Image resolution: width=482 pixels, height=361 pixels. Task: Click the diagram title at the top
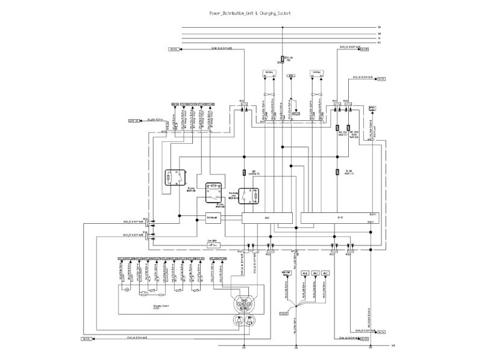click(x=240, y=13)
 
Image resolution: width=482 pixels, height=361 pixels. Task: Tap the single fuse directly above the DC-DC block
click(x=339, y=172)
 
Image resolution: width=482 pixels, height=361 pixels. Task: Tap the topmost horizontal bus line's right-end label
click(x=379, y=28)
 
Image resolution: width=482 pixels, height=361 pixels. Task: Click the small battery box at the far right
click(x=372, y=108)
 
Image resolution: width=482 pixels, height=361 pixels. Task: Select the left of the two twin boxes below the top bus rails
click(x=269, y=72)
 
